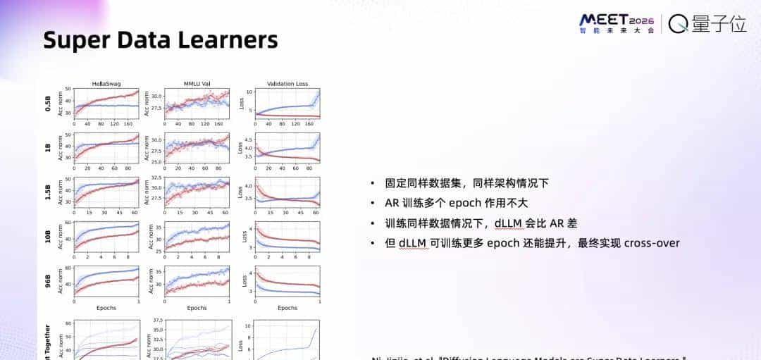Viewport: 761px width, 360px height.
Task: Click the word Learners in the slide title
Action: point(231,40)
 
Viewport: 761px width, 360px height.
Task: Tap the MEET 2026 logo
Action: point(616,23)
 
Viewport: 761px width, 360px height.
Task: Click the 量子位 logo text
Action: point(717,23)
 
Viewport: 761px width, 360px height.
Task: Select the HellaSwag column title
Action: point(106,84)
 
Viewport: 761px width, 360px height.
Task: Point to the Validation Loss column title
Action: point(287,84)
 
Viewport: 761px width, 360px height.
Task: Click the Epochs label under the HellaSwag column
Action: point(106,308)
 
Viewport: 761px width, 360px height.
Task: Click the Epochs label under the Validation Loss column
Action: point(287,308)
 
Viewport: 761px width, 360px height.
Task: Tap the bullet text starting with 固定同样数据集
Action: point(466,184)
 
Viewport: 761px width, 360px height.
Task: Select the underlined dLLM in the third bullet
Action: point(509,223)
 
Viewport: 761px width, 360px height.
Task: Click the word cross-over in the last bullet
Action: point(652,243)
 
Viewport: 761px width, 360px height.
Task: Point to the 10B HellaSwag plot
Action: point(106,237)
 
